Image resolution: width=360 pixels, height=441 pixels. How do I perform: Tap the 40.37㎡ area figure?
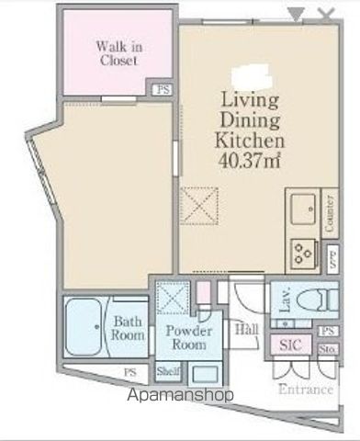pyautogui.click(x=249, y=162)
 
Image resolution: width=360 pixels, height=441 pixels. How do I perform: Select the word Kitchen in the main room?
pyautogui.click(x=248, y=141)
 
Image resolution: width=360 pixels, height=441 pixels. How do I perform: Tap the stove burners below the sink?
pyautogui.click(x=302, y=251)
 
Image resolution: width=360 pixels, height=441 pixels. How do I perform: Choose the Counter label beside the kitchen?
pyautogui.click(x=329, y=214)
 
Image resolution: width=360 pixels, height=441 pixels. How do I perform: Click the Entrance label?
pyautogui.click(x=306, y=389)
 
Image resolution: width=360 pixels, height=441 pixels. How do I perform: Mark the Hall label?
pyautogui.click(x=245, y=329)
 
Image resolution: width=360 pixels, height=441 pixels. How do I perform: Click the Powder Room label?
pyautogui.click(x=190, y=337)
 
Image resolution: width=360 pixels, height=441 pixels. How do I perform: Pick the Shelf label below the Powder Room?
pyautogui.click(x=167, y=371)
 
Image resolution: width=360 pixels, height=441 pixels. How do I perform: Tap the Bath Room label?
pyautogui.click(x=128, y=329)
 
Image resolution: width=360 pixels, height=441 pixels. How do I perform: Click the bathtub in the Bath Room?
pyautogui.click(x=87, y=326)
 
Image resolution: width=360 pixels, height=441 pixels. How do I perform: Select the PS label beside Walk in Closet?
pyautogui.click(x=163, y=89)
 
